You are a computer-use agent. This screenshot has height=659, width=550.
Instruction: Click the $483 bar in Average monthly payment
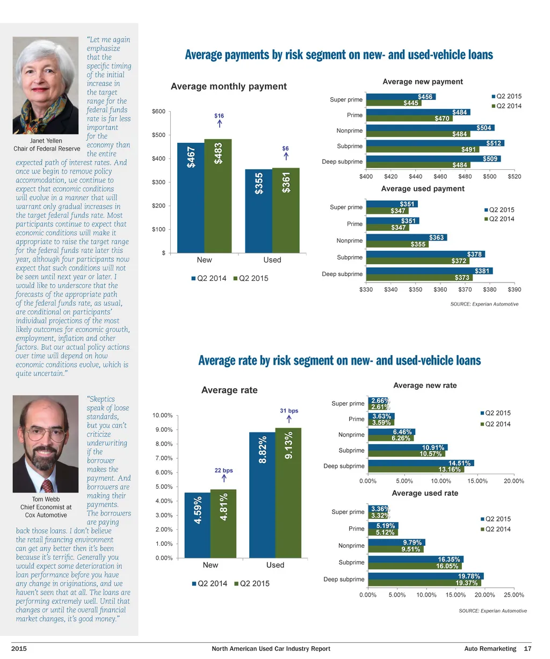219,196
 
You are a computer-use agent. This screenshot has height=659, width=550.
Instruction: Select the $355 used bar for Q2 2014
259,211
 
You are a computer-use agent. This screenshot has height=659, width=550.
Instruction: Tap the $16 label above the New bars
219,116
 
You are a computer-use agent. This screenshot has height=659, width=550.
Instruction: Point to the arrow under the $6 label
286,156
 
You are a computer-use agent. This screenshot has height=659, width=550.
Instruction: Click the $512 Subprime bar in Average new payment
435,143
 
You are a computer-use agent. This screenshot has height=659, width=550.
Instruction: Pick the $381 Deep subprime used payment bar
429,271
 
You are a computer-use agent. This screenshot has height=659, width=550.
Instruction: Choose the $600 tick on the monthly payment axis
158,112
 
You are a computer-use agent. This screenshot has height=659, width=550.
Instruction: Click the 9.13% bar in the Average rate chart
288,493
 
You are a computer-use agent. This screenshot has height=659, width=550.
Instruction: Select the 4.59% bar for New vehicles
198,525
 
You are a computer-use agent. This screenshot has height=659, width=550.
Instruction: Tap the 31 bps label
289,411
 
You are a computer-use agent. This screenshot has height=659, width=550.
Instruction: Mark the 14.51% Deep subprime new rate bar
421,463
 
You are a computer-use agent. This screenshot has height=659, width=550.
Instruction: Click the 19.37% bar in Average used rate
424,583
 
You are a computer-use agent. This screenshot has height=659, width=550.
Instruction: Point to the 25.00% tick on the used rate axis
514,595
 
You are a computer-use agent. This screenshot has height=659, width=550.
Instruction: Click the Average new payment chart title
422,82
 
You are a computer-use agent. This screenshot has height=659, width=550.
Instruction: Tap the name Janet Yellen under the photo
46,141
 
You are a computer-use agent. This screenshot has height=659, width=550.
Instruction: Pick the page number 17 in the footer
527,649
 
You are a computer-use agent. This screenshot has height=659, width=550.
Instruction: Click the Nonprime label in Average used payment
349,241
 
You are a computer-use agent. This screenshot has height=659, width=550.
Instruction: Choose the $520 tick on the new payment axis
514,176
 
